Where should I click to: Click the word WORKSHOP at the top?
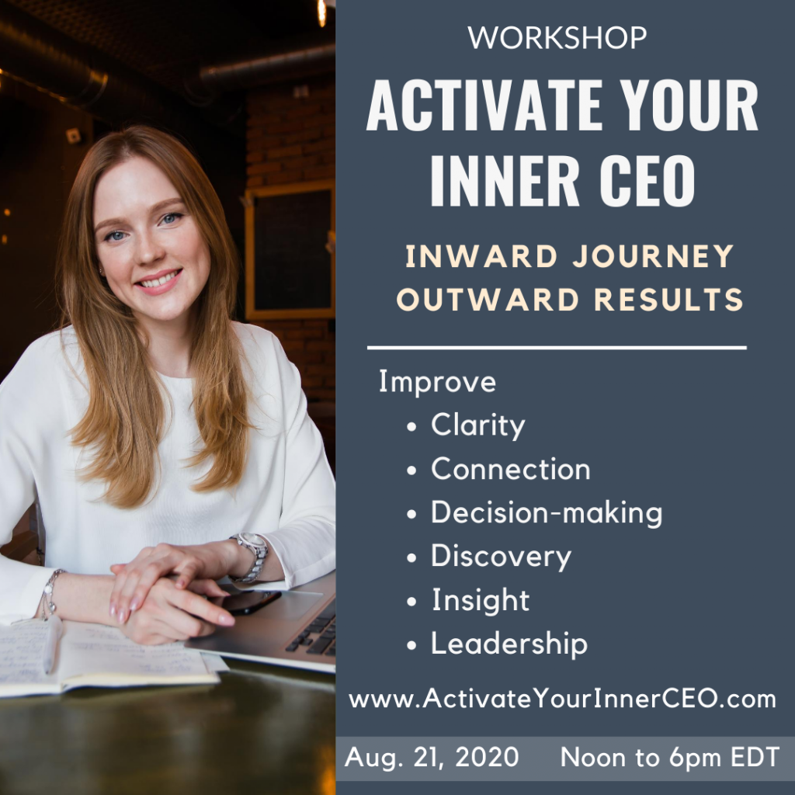[557, 37]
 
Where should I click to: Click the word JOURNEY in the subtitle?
[653, 255]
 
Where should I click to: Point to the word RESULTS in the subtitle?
[668, 299]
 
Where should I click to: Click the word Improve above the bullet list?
[437, 381]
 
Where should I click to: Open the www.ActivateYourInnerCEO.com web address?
[562, 699]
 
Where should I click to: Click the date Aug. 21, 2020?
[432, 758]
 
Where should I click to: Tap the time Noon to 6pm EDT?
[670, 758]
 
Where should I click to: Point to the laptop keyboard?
[314, 630]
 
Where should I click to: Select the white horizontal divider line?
[557, 348]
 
